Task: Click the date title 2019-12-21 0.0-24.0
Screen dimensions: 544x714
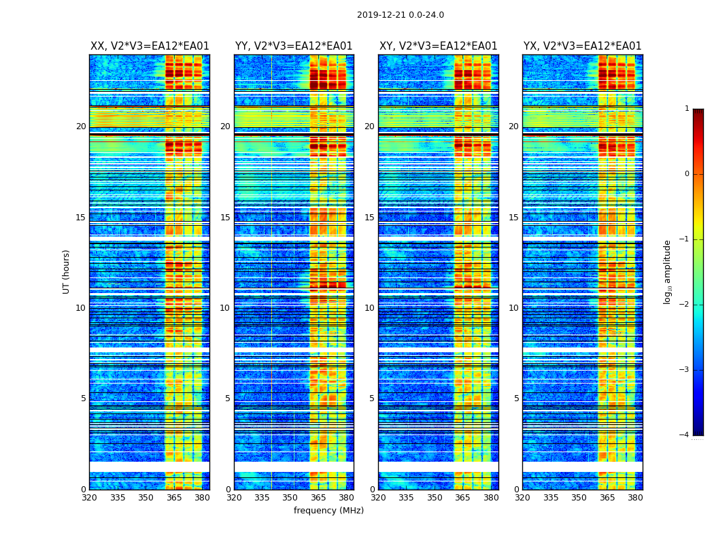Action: click(400, 15)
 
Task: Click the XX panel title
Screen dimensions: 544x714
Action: click(150, 46)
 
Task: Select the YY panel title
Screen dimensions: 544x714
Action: click(294, 46)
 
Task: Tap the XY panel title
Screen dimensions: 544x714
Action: click(438, 46)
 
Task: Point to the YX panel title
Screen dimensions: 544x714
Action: click(582, 46)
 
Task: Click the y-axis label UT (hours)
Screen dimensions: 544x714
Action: click(67, 271)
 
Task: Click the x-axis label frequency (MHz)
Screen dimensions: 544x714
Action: click(328, 511)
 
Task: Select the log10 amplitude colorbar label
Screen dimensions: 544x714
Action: click(668, 271)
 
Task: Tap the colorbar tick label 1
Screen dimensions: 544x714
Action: click(686, 109)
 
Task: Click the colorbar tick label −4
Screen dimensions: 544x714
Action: click(685, 435)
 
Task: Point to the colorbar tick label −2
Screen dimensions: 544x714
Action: click(685, 305)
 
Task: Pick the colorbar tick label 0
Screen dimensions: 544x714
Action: click(686, 174)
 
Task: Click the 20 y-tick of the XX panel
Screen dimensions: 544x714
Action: click(81, 126)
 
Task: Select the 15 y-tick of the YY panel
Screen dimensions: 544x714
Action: click(225, 218)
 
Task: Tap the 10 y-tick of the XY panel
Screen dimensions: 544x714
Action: click(369, 308)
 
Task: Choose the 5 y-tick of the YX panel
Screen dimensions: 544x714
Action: click(516, 398)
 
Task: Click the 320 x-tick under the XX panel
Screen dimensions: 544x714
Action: click(89, 498)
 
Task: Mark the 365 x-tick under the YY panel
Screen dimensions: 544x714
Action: click(318, 498)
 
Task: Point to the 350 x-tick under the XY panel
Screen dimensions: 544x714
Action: click(435, 498)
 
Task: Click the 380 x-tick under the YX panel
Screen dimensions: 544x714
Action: click(635, 498)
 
